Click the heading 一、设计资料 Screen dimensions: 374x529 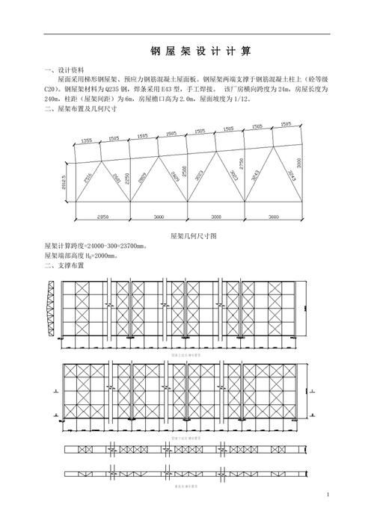pyautogui.click(x=68, y=69)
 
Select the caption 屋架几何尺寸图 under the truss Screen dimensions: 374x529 pyautogui.click(x=193, y=235)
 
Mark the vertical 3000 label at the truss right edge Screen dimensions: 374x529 pyautogui.click(x=299, y=164)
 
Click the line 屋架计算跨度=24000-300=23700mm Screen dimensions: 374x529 pyautogui.click(x=95, y=245)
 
